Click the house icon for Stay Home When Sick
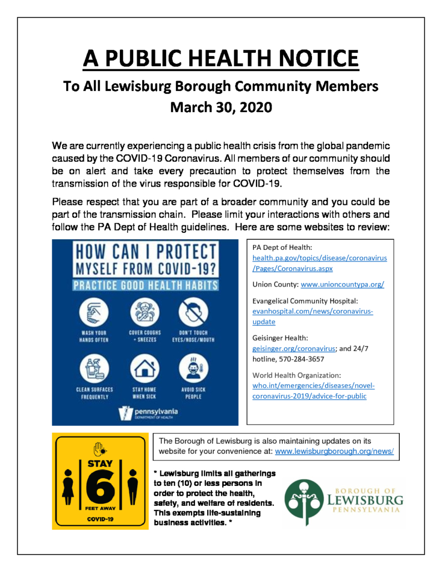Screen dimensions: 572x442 [x=140, y=368]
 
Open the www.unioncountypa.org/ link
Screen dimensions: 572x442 [x=342, y=284]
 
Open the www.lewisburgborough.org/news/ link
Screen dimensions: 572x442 [x=334, y=452]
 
